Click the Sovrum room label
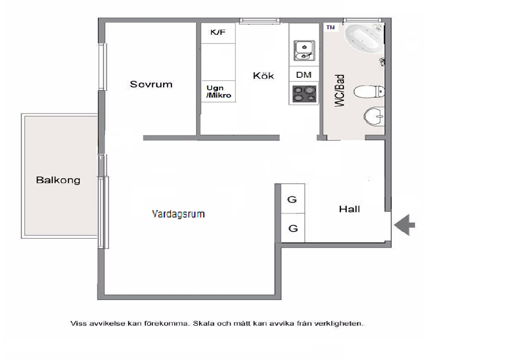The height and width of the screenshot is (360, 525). click(x=151, y=84)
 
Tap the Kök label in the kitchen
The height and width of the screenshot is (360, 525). click(x=264, y=76)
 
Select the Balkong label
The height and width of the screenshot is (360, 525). click(x=58, y=180)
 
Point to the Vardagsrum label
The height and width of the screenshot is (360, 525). click(x=178, y=214)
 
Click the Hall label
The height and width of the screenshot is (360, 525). click(x=349, y=209)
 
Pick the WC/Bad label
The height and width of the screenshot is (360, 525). click(x=340, y=91)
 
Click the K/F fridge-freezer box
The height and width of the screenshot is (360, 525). click(x=218, y=33)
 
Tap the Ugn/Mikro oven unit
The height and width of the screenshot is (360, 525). click(x=218, y=91)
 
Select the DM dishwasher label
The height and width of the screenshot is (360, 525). click(x=304, y=75)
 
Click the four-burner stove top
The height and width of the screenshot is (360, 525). click(x=304, y=94)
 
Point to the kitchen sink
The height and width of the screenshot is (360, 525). click(x=304, y=51)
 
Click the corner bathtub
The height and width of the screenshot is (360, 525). click(x=363, y=38)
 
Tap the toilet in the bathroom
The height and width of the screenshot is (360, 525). click(x=369, y=92)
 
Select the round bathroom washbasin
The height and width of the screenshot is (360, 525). click(x=374, y=116)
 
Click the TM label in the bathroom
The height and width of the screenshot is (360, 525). click(x=330, y=28)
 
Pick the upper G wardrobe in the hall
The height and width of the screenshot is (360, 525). click(x=293, y=199)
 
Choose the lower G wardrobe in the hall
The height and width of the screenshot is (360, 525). click(x=293, y=228)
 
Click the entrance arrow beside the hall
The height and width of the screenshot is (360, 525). click(x=404, y=225)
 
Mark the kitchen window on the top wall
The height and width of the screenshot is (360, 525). click(x=260, y=21)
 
